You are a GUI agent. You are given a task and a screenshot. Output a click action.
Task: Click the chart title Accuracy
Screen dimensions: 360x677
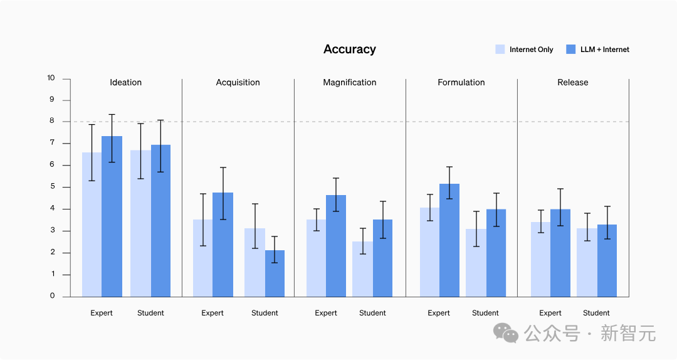tap(349, 50)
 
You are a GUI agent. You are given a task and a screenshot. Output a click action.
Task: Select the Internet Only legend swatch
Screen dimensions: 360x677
tap(500, 50)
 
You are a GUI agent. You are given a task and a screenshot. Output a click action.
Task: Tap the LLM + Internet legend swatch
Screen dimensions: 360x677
tap(570, 50)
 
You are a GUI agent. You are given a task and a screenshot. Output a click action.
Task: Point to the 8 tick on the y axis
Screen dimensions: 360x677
tap(51, 122)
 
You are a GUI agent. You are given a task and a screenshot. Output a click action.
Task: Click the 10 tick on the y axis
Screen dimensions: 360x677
tap(51, 78)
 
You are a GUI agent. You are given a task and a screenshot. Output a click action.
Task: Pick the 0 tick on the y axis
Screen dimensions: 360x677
tap(52, 296)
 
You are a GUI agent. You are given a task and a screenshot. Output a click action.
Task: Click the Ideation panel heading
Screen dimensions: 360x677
tap(125, 82)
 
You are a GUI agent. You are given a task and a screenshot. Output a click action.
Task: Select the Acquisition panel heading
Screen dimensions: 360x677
tap(238, 82)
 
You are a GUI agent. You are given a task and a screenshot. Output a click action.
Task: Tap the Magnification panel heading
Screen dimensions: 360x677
tap(349, 82)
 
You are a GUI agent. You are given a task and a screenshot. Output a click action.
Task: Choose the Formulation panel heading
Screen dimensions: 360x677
tap(461, 82)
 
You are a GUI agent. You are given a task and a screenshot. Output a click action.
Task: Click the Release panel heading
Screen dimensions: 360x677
tap(573, 82)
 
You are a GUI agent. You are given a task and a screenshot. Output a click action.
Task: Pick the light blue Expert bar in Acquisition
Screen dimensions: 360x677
tap(202, 258)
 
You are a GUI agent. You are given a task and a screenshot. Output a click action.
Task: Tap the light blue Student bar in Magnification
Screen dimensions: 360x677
tap(362, 269)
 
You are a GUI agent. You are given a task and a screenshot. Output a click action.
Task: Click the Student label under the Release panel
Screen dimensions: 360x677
tap(596, 313)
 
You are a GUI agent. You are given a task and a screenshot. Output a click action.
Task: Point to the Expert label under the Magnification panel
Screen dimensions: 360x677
tap(326, 313)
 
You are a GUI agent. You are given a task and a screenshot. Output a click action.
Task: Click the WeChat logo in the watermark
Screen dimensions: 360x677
tap(505, 333)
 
